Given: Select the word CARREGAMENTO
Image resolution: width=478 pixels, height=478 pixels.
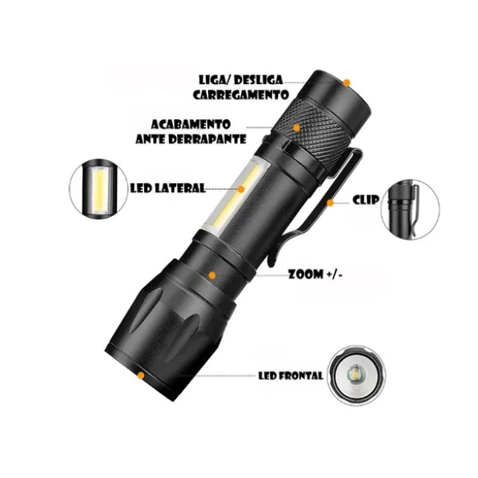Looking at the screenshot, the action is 241,94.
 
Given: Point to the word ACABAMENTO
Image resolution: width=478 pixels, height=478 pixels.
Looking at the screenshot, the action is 191,125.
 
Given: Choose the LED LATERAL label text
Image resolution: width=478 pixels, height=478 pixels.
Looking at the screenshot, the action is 167,188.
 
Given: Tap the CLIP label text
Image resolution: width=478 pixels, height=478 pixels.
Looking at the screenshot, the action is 366,200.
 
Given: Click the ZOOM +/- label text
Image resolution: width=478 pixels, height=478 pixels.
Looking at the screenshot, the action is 315,275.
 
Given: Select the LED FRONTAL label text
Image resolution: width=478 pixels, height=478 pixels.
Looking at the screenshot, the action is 291,376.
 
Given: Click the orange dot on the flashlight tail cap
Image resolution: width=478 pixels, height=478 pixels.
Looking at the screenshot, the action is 347,82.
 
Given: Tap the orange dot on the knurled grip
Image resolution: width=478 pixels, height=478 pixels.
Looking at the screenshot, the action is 296,128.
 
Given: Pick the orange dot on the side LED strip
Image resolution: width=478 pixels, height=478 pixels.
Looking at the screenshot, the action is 241,189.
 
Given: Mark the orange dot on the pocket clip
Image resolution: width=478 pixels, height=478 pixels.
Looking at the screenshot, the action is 331,203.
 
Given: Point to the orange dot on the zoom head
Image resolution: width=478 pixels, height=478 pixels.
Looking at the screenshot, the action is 212,275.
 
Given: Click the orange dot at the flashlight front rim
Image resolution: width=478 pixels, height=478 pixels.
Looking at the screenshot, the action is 141,376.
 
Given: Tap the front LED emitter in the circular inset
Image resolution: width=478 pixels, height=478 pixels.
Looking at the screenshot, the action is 355,374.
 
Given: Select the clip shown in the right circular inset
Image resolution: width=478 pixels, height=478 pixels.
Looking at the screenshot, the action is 415,210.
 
